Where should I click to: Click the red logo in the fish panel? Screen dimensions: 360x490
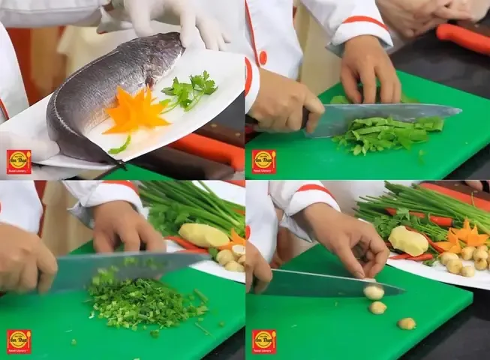(x=19, y=161)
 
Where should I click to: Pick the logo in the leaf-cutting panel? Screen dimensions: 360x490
(x=264, y=161)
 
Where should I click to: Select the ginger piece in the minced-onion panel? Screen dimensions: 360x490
(x=203, y=235)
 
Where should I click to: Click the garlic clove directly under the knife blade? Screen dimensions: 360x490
(x=373, y=292)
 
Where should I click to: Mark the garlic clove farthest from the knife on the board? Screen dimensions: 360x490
(x=407, y=323)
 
